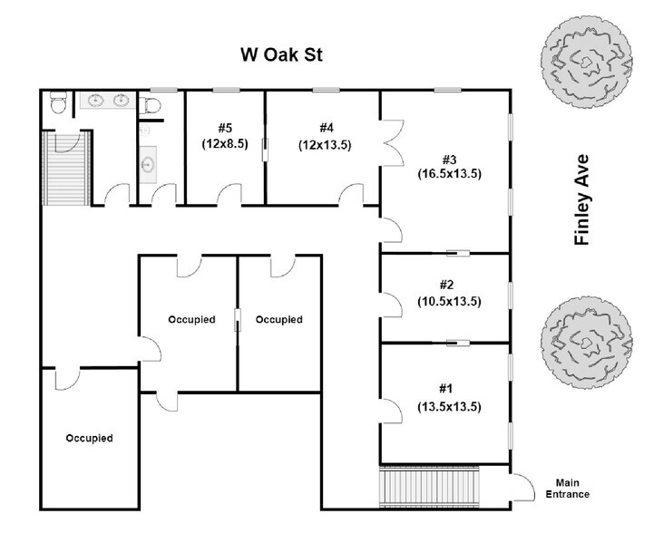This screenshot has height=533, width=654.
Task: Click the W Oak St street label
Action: click(x=282, y=54)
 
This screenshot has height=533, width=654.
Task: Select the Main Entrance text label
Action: click(x=567, y=489)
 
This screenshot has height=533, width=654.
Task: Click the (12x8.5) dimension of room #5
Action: click(x=225, y=142)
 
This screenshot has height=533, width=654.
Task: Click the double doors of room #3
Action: click(x=391, y=146)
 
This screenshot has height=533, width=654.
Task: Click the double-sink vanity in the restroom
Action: click(x=108, y=100)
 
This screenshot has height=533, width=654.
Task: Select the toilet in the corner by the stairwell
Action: click(x=58, y=103)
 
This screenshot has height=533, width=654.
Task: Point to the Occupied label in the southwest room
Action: click(x=89, y=438)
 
